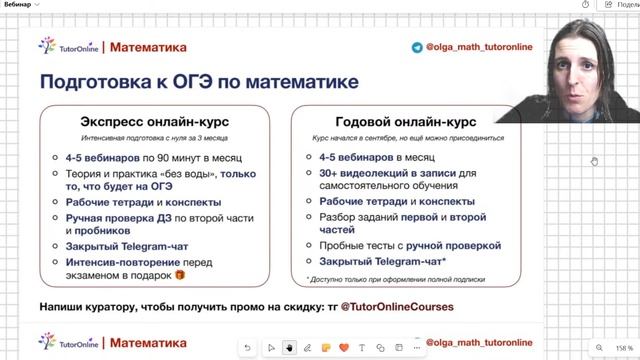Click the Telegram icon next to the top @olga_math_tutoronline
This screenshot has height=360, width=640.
pyautogui.click(x=417, y=46)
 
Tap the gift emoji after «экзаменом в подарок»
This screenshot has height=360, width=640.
pyautogui.click(x=180, y=274)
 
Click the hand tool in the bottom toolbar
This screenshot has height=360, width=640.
pyautogui.click(x=289, y=347)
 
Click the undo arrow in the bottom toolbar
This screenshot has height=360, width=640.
pyautogui.click(x=247, y=347)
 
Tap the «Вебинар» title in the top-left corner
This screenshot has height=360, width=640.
pyautogui.click(x=18, y=5)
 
